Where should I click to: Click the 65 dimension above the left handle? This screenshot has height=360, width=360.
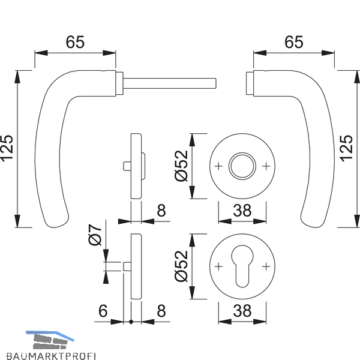[x=75, y=42]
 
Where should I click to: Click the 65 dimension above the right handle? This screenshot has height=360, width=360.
[x=293, y=42]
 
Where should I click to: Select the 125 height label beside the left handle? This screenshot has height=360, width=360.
[x=7, y=149]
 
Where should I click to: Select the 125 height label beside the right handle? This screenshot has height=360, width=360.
[x=347, y=149]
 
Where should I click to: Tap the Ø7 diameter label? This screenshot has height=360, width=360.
[x=95, y=235]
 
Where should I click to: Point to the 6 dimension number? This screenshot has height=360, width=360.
[x=103, y=311]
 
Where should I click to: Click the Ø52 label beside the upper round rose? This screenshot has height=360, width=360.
[x=181, y=166]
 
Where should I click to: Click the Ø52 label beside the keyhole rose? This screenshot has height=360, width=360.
[x=181, y=266]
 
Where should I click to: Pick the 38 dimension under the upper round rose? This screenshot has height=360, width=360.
[x=242, y=211]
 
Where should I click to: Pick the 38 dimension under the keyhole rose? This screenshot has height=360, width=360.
[x=242, y=311]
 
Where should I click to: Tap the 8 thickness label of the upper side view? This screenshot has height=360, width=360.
[x=161, y=211]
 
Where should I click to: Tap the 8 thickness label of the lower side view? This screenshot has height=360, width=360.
[x=161, y=311]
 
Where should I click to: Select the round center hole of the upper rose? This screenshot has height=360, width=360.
[x=242, y=166]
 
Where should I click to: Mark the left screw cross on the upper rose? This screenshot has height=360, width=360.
[x=218, y=166]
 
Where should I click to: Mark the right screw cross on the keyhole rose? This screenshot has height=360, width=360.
[x=266, y=266]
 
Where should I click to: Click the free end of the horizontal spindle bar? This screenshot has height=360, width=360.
[x=216, y=83]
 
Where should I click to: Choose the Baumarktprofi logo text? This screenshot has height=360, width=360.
[x=51, y=356]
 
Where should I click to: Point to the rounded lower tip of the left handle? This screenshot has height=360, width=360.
[x=56, y=224]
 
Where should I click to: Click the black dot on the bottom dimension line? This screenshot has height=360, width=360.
[x=131, y=322]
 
